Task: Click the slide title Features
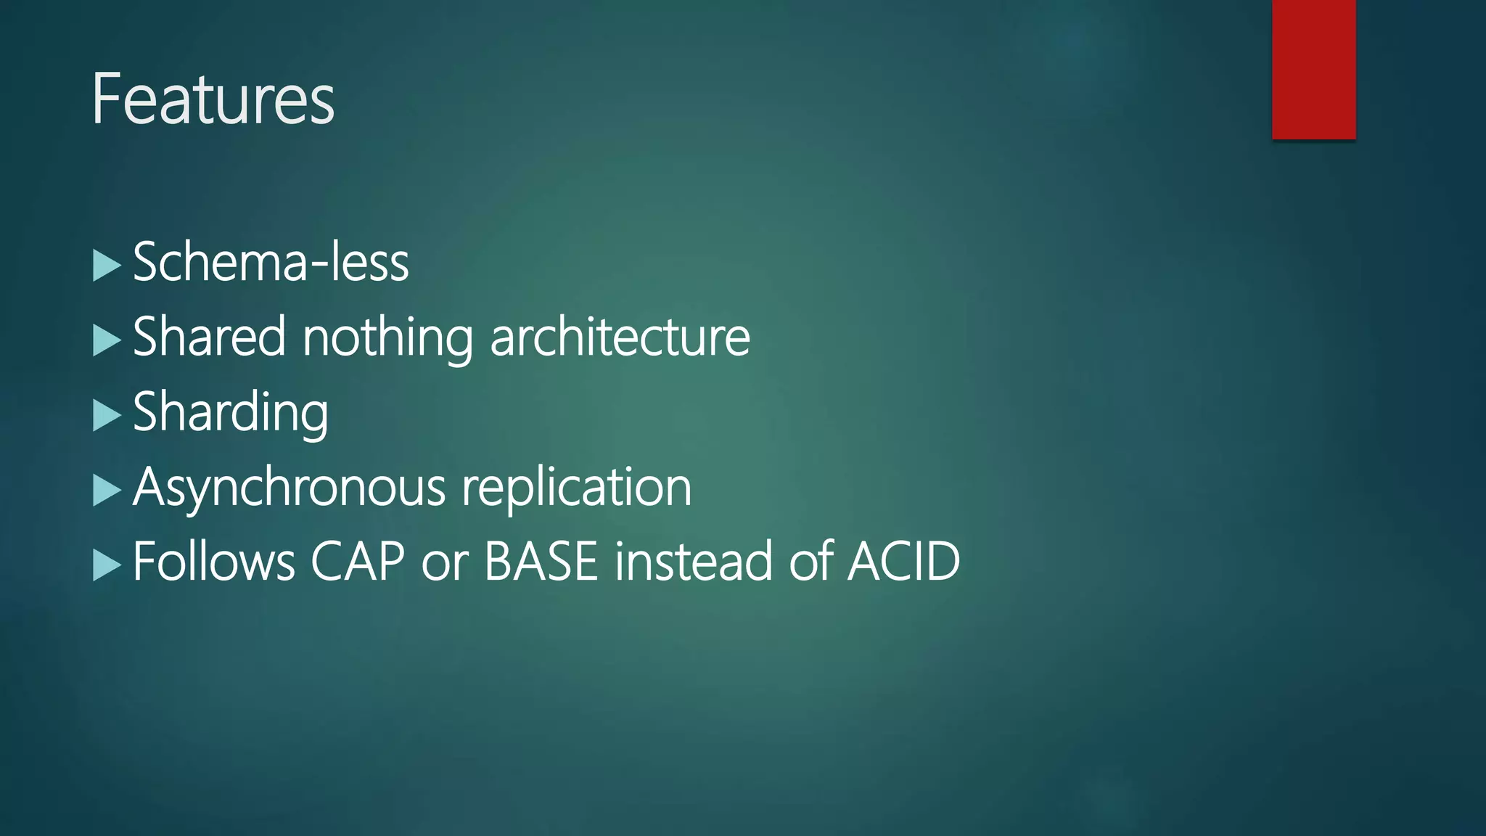pos(213,99)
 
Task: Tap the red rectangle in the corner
pos(1313,69)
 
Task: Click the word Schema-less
pos(271,262)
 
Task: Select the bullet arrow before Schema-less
pos(106,266)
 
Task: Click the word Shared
pos(209,337)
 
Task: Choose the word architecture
pos(620,337)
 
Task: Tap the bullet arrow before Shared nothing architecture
pos(106,341)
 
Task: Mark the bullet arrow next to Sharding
pos(106,416)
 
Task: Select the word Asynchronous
pos(289,488)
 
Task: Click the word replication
pos(577,488)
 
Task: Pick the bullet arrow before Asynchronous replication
pos(106,491)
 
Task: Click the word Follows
pos(214,562)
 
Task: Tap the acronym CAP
pos(358,562)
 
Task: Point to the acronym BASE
pos(541,562)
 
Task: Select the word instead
pos(694,562)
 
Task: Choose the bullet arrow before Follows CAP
pos(106,565)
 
